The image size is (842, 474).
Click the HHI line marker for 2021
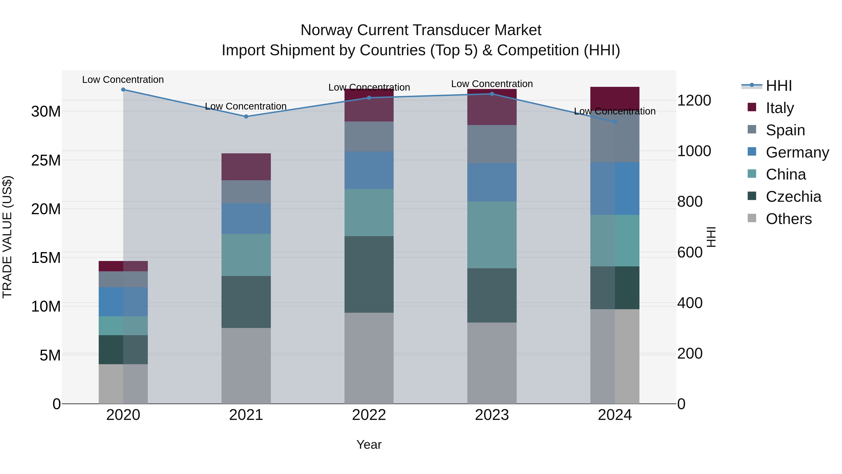tap(246, 117)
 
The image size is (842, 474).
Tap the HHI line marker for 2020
tap(123, 90)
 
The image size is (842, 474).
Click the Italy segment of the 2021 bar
tap(246, 167)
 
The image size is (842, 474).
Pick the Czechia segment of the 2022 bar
tap(369, 274)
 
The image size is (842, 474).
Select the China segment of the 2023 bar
tap(492, 235)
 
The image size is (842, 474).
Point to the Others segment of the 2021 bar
tap(246, 365)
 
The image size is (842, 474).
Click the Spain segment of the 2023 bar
tap(492, 144)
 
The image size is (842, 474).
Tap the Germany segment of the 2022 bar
tap(369, 170)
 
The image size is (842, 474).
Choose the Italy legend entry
tap(779, 108)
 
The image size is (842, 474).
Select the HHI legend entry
tap(779, 86)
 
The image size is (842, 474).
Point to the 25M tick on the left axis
tap(46, 160)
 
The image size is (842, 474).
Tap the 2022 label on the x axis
tap(369, 415)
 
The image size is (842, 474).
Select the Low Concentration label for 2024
tap(614, 111)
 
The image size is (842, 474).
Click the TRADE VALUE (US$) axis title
tap(7, 237)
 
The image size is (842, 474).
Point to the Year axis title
tap(369, 445)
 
